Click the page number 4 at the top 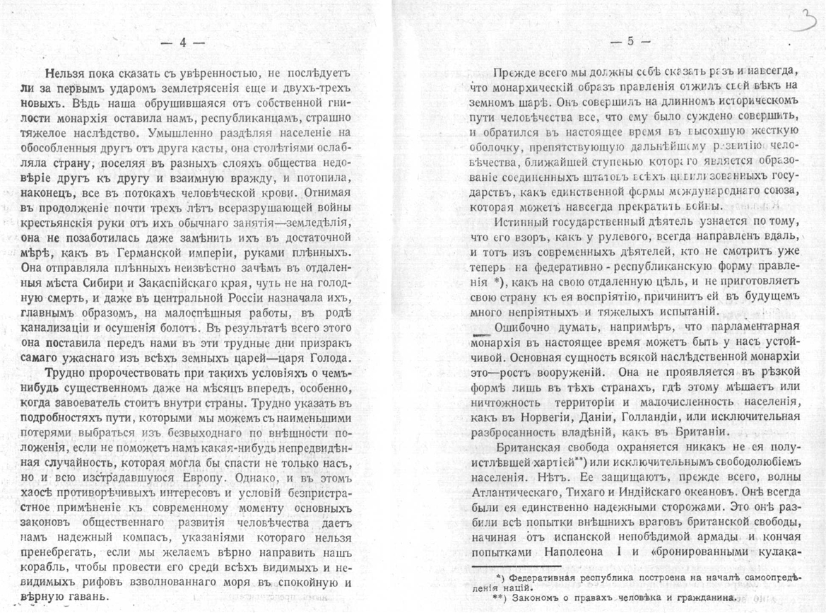pyautogui.click(x=183, y=42)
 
